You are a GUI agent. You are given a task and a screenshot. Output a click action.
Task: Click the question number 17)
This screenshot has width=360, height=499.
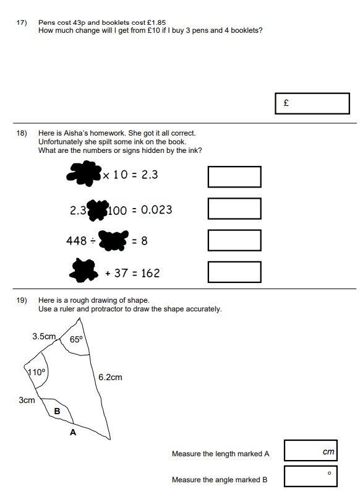pyautogui.click(x=22, y=22)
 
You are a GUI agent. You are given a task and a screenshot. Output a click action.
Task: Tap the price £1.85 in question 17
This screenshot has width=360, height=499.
pyautogui.click(x=156, y=22)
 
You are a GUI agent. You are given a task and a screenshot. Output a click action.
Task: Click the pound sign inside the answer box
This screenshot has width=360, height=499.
pyautogui.click(x=286, y=103)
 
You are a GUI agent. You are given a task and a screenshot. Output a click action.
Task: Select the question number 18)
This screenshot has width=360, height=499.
pyautogui.click(x=22, y=133)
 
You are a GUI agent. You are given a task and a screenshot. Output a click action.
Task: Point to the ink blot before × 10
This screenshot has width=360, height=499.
pyautogui.click(x=84, y=173)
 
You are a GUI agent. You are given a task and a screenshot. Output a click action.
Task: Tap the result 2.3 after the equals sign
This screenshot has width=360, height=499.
pyautogui.click(x=150, y=175)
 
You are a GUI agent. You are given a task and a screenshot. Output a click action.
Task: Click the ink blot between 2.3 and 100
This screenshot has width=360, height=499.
pyautogui.click(x=98, y=210)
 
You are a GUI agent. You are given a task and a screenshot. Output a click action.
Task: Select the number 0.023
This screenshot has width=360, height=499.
pyautogui.click(x=156, y=210)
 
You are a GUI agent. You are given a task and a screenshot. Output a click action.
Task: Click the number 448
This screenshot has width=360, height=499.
pyautogui.click(x=76, y=241)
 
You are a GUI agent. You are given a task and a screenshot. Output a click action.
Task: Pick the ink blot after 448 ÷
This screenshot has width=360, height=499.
pyautogui.click(x=113, y=240)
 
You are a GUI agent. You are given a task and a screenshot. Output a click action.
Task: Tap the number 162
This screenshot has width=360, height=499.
pyautogui.click(x=150, y=273)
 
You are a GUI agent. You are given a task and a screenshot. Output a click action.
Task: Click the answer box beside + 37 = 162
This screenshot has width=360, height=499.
pyautogui.click(x=234, y=272)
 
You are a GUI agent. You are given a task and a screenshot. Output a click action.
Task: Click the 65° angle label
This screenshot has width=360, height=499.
pyautogui.click(x=76, y=339)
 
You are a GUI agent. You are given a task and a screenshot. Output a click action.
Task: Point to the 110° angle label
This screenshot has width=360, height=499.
pyautogui.click(x=36, y=372)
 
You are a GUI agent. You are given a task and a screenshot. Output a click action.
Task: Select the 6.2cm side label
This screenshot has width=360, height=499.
pyautogui.click(x=110, y=377)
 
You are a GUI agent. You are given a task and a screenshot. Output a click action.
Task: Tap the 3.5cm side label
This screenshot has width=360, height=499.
pyautogui.click(x=44, y=336)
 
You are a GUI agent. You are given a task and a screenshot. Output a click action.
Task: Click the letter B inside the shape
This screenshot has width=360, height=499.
pyautogui.click(x=57, y=411)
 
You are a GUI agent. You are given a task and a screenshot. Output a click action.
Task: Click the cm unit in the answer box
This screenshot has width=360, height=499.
pyautogui.click(x=328, y=451)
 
